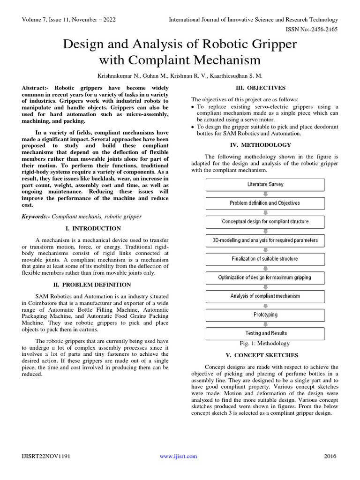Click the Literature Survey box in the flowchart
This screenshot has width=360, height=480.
pos(265,184)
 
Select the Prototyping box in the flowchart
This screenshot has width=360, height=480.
pos(265,315)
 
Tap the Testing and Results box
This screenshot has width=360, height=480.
pos(265,333)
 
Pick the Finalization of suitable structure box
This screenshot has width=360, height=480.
pos(265,259)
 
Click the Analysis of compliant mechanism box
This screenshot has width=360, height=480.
pos(265,296)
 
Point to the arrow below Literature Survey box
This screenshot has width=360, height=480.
pos(265,194)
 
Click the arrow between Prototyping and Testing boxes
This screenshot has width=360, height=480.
pos(265,324)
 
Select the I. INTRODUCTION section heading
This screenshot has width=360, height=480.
pos(95,228)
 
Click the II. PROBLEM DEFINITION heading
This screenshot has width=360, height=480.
pos(95,285)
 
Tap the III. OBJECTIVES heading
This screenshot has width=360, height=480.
pos(265,88)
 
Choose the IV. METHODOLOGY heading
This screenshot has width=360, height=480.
pos(265,145)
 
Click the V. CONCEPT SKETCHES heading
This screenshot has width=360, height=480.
pos(265,355)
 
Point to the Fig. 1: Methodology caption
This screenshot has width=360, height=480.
pos(265,344)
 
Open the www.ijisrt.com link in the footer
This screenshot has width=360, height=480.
pos(178,456)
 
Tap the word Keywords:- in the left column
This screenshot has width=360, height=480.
pos(36,217)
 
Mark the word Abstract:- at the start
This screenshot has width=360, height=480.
pos(37,88)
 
